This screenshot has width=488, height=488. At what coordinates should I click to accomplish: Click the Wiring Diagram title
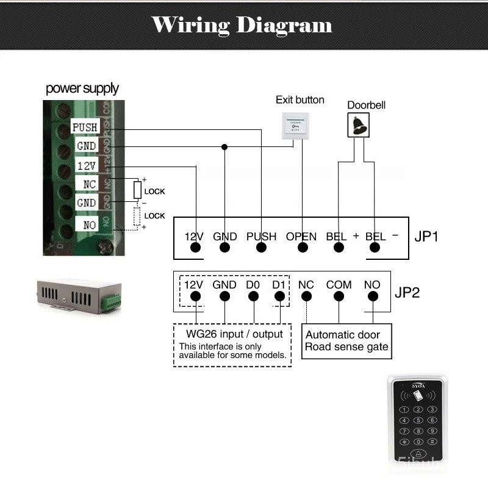pos(242,25)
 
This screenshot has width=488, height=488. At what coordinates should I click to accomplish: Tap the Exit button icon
pos(295,126)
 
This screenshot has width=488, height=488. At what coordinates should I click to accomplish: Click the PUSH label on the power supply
pos(85,127)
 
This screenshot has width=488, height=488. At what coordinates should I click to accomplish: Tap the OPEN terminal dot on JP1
pos(302,248)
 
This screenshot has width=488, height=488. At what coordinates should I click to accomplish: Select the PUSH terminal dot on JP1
pos(262,248)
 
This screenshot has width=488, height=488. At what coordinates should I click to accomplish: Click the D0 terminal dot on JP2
pos(253,297)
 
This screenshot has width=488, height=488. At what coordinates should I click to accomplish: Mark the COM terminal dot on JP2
pos(339,297)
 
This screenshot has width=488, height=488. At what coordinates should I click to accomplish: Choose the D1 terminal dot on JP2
pos(279,297)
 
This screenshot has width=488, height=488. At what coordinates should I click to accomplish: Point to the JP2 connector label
pos(407,292)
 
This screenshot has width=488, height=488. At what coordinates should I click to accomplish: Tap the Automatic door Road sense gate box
pos(346,341)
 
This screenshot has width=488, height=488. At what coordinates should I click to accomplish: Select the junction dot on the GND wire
pos(224,147)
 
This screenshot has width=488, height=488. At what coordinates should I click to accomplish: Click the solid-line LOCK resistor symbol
pos(138,190)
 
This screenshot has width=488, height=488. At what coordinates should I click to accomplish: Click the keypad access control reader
pos(417,421)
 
